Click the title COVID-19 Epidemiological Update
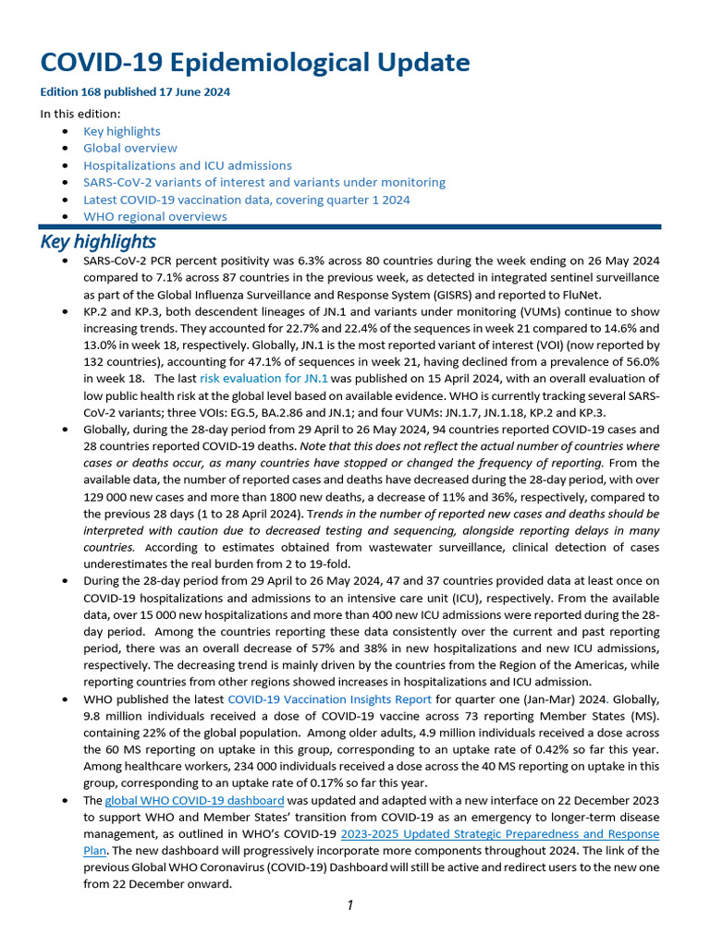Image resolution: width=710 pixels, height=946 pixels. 255,63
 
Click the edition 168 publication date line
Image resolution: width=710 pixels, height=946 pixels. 135,92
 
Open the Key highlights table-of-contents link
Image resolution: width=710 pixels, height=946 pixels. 121,131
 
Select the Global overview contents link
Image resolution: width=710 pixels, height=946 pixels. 129,148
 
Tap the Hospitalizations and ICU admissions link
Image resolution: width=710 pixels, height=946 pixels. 187,165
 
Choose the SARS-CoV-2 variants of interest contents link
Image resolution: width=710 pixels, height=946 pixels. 263,182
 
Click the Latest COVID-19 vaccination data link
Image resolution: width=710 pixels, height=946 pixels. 246,200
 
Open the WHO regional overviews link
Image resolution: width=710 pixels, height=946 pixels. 154,216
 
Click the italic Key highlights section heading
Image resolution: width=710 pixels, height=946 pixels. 97,242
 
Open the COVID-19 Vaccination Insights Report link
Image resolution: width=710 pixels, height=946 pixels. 329,699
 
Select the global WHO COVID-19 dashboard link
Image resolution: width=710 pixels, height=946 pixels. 194,800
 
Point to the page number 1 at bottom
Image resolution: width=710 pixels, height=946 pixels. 350,906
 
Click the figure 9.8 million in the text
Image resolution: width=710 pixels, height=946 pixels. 102,716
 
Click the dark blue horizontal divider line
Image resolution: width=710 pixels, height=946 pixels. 349,226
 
